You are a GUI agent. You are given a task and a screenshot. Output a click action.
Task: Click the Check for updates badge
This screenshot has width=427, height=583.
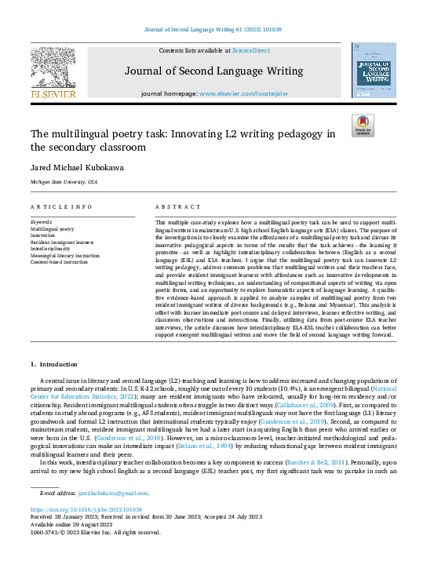point(363,126)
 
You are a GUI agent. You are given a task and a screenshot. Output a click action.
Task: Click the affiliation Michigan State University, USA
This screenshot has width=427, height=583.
point(64,182)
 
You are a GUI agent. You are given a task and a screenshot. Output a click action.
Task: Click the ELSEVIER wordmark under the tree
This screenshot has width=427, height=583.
point(53,95)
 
